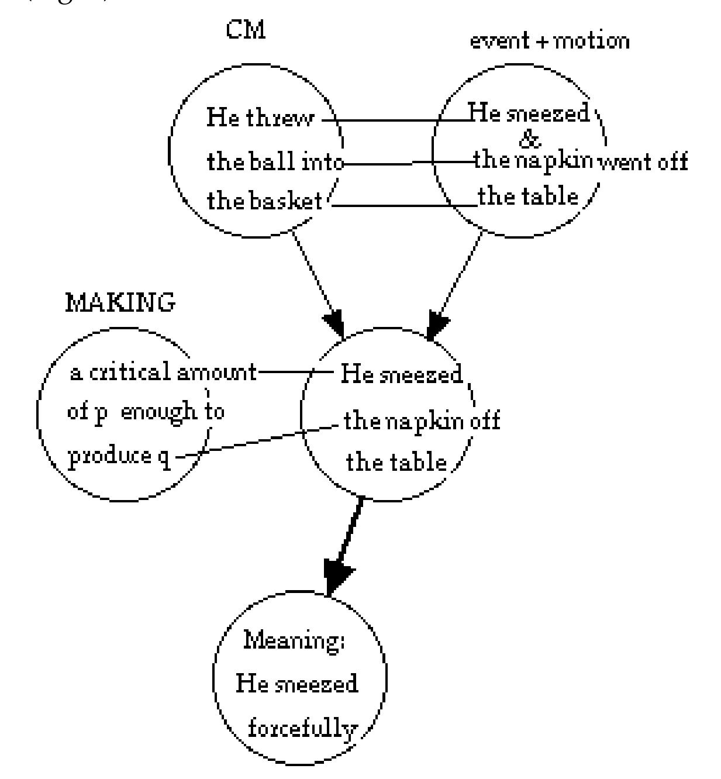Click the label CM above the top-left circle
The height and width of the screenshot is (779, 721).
[x=246, y=30]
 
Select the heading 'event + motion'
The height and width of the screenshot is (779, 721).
[x=550, y=41]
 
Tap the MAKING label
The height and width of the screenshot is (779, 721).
[x=120, y=303]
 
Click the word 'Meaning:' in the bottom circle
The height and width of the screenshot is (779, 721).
[x=294, y=640]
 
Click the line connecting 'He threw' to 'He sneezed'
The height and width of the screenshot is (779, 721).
[x=398, y=121]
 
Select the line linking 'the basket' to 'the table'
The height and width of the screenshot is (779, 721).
[x=403, y=205]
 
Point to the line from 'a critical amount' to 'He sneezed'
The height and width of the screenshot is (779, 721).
[x=292, y=371]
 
